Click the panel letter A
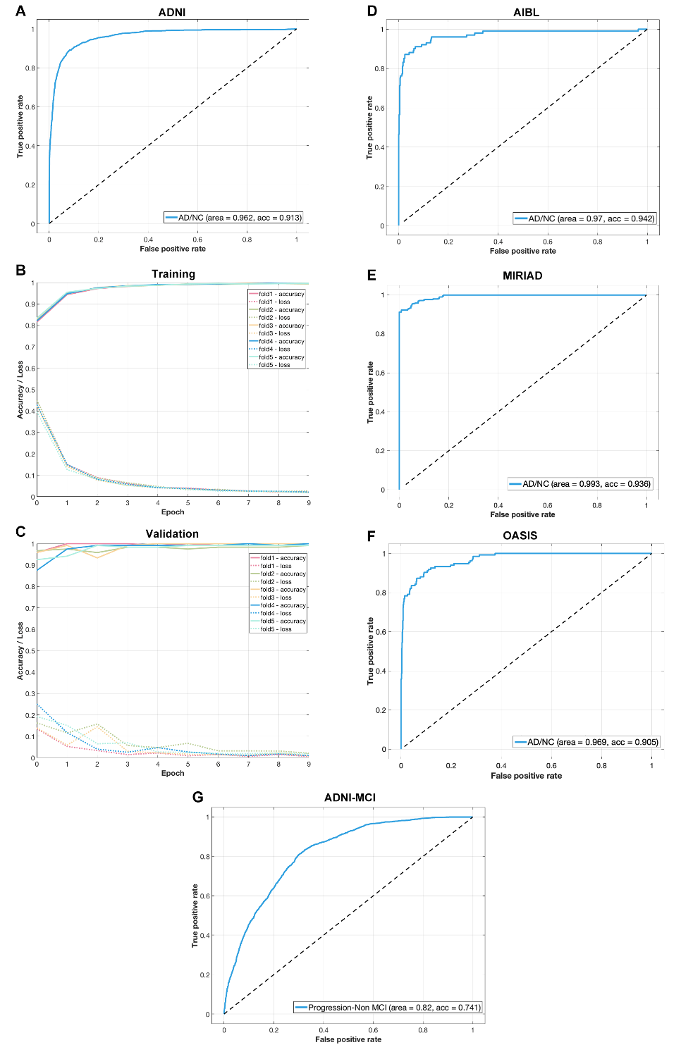pyautogui.click(x=20, y=11)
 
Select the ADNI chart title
pyautogui.click(x=172, y=13)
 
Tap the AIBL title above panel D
pyautogui.click(x=526, y=13)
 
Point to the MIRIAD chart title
pyautogui.click(x=522, y=276)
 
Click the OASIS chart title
pyautogui.click(x=520, y=536)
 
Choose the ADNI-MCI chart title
pyautogui.click(x=350, y=798)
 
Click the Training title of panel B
pyautogui.click(x=173, y=274)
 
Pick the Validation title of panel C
pyautogui.click(x=172, y=534)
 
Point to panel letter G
pyautogui.click(x=198, y=797)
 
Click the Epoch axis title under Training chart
pyautogui.click(x=173, y=512)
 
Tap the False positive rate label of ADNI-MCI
pyautogui.click(x=348, y=1039)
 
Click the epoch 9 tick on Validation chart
pyautogui.click(x=309, y=765)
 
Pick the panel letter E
pyautogui.click(x=372, y=275)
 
